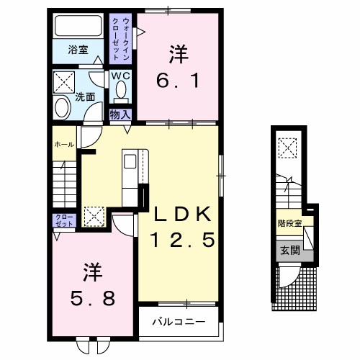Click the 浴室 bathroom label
(78, 50)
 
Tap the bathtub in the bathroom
(78, 26)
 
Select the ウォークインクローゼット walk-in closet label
(121, 39)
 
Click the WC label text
(120, 76)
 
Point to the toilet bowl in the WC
(121, 89)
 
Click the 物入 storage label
(120, 114)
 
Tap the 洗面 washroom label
(85, 96)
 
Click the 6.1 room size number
(178, 81)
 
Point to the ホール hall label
(64, 145)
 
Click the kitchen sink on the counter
(130, 161)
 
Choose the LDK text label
(183, 214)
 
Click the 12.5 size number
(182, 240)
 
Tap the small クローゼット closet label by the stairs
(64, 220)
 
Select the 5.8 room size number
(93, 298)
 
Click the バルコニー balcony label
(179, 322)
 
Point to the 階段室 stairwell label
(289, 223)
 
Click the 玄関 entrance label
(290, 251)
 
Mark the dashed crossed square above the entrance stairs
(287, 148)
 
